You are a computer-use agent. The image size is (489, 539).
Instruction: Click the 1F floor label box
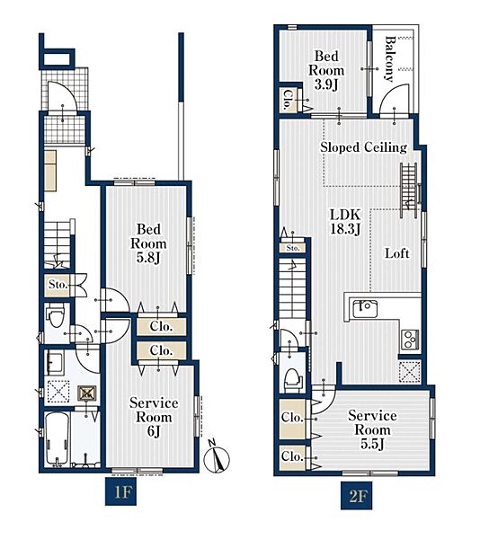tap(120, 491)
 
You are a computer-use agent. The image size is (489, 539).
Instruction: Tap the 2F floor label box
tap(356, 495)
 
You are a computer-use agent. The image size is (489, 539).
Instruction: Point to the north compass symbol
tap(217, 456)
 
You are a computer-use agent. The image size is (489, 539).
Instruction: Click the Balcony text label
tap(389, 59)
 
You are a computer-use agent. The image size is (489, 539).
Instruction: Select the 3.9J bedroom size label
tap(326, 84)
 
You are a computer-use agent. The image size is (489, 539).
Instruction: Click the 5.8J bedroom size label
tap(148, 258)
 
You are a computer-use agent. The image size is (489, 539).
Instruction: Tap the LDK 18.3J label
tap(345, 222)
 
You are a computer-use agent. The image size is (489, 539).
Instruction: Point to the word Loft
tap(396, 253)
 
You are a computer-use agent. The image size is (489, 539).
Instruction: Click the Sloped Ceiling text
tap(363, 147)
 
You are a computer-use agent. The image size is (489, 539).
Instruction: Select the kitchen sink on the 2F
tap(365, 309)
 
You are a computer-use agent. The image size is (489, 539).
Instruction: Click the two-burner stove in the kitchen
tap(410, 340)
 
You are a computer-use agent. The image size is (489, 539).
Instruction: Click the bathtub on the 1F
tap(58, 439)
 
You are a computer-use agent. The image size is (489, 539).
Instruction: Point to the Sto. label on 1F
tap(58, 285)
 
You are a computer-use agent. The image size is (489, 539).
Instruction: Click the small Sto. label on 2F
tap(293, 248)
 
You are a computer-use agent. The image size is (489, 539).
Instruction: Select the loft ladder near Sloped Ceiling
tap(409, 190)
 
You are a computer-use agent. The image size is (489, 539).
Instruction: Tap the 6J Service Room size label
tap(154, 431)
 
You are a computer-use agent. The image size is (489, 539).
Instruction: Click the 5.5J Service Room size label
tap(372, 444)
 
